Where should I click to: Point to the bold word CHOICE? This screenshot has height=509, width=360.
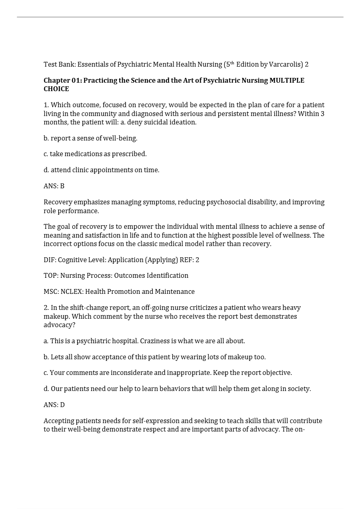[x=56, y=89]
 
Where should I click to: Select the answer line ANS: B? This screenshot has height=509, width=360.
[x=54, y=186]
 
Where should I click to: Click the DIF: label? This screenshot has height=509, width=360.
[x=50, y=260]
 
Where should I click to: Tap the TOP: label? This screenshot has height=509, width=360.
[x=51, y=276]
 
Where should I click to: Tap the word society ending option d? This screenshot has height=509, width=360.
[x=299, y=389]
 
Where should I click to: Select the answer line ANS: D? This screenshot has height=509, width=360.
[x=54, y=405]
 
